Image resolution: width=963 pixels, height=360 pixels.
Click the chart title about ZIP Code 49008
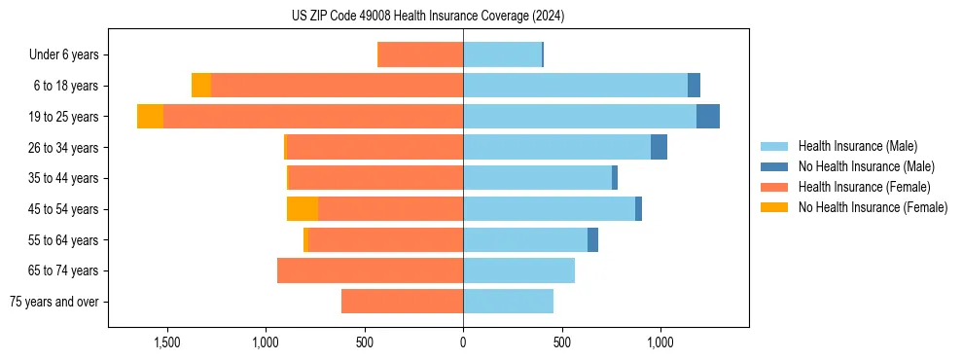427,17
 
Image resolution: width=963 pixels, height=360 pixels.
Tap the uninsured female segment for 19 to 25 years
150,117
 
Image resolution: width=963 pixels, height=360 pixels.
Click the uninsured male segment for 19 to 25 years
707,117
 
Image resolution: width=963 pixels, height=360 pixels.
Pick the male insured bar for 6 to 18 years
575,86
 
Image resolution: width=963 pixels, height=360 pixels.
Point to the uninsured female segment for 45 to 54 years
303,209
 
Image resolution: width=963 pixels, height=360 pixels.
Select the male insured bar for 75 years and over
508,302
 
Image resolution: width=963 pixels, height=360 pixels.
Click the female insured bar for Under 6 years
420,54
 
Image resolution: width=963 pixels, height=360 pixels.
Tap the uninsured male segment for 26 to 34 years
659,147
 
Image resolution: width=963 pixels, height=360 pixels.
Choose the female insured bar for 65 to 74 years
370,270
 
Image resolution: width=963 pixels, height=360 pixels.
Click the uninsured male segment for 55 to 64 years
592,239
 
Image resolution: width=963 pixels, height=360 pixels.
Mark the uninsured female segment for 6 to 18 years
201,86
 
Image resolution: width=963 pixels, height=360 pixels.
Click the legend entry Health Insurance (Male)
857,146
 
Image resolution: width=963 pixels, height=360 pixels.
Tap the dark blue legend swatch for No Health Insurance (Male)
774,166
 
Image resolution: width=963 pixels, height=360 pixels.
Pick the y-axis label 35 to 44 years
64,178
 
